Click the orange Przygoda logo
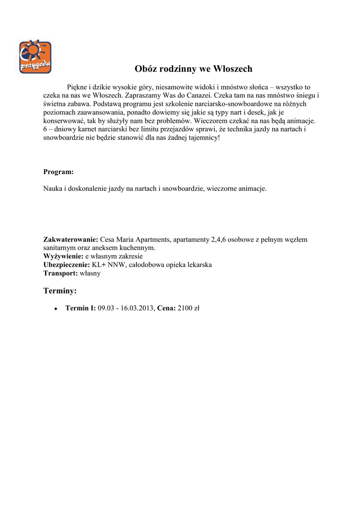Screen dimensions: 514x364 [35, 57]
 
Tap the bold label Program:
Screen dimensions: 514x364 [58, 172]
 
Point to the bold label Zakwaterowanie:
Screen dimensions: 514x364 [71, 239]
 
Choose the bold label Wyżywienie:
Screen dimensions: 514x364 [63, 256]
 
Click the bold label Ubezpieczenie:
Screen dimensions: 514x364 [67, 265]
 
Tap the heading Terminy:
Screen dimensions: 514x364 [60, 291]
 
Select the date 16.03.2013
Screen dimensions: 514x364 [137, 308]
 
